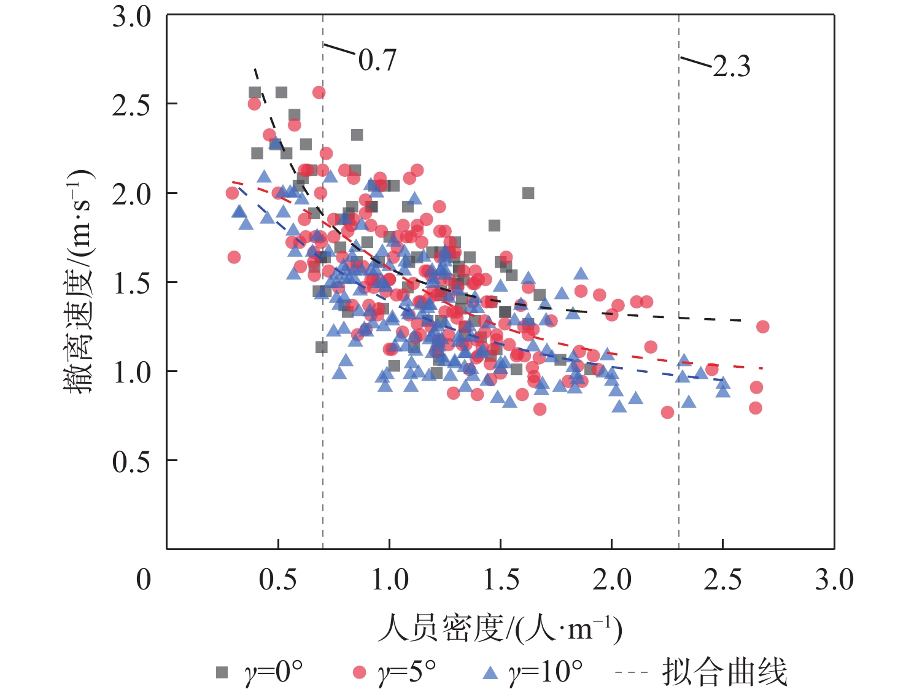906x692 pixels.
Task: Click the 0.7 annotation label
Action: pyautogui.click(x=377, y=60)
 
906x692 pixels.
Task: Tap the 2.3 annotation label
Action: pyautogui.click(x=732, y=66)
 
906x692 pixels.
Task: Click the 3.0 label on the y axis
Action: pyautogui.click(x=131, y=17)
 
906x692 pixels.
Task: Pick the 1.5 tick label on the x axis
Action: pyautogui.click(x=501, y=580)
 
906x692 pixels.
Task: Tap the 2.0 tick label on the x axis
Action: pyautogui.click(x=612, y=580)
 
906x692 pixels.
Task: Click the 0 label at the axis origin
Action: pyautogui.click(x=144, y=580)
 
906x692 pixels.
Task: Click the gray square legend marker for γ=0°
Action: pyautogui.click(x=222, y=672)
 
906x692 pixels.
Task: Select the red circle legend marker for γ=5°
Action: pyautogui.click(x=360, y=672)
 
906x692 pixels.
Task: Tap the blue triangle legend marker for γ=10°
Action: pyautogui.click(x=490, y=673)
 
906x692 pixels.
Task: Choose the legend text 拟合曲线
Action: pyautogui.click(x=724, y=672)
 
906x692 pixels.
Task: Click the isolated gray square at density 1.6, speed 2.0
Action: pyautogui.click(x=528, y=193)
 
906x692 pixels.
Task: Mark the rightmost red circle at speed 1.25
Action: pyautogui.click(x=762, y=327)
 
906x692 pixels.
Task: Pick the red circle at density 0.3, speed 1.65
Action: pyautogui.click(x=234, y=257)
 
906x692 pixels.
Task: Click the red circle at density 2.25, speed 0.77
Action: pyautogui.click(x=667, y=413)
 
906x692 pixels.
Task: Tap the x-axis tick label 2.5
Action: pyautogui.click(x=723, y=580)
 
